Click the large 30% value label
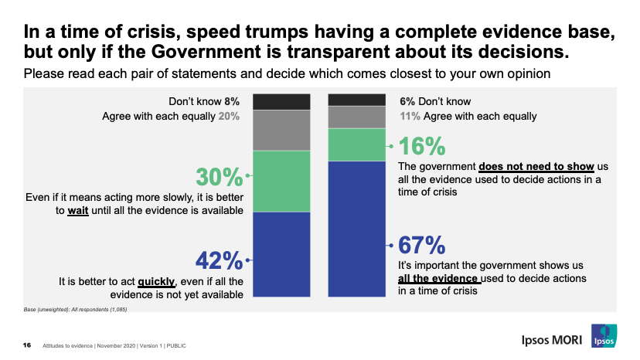coord(218,178)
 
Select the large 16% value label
coord(422,147)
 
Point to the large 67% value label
coord(422,246)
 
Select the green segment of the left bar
coord(281,181)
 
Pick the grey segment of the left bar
coord(281,131)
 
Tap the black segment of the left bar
coord(281,101)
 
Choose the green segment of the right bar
coord(357,144)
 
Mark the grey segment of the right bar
coord(357,117)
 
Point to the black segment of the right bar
coord(357,99)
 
